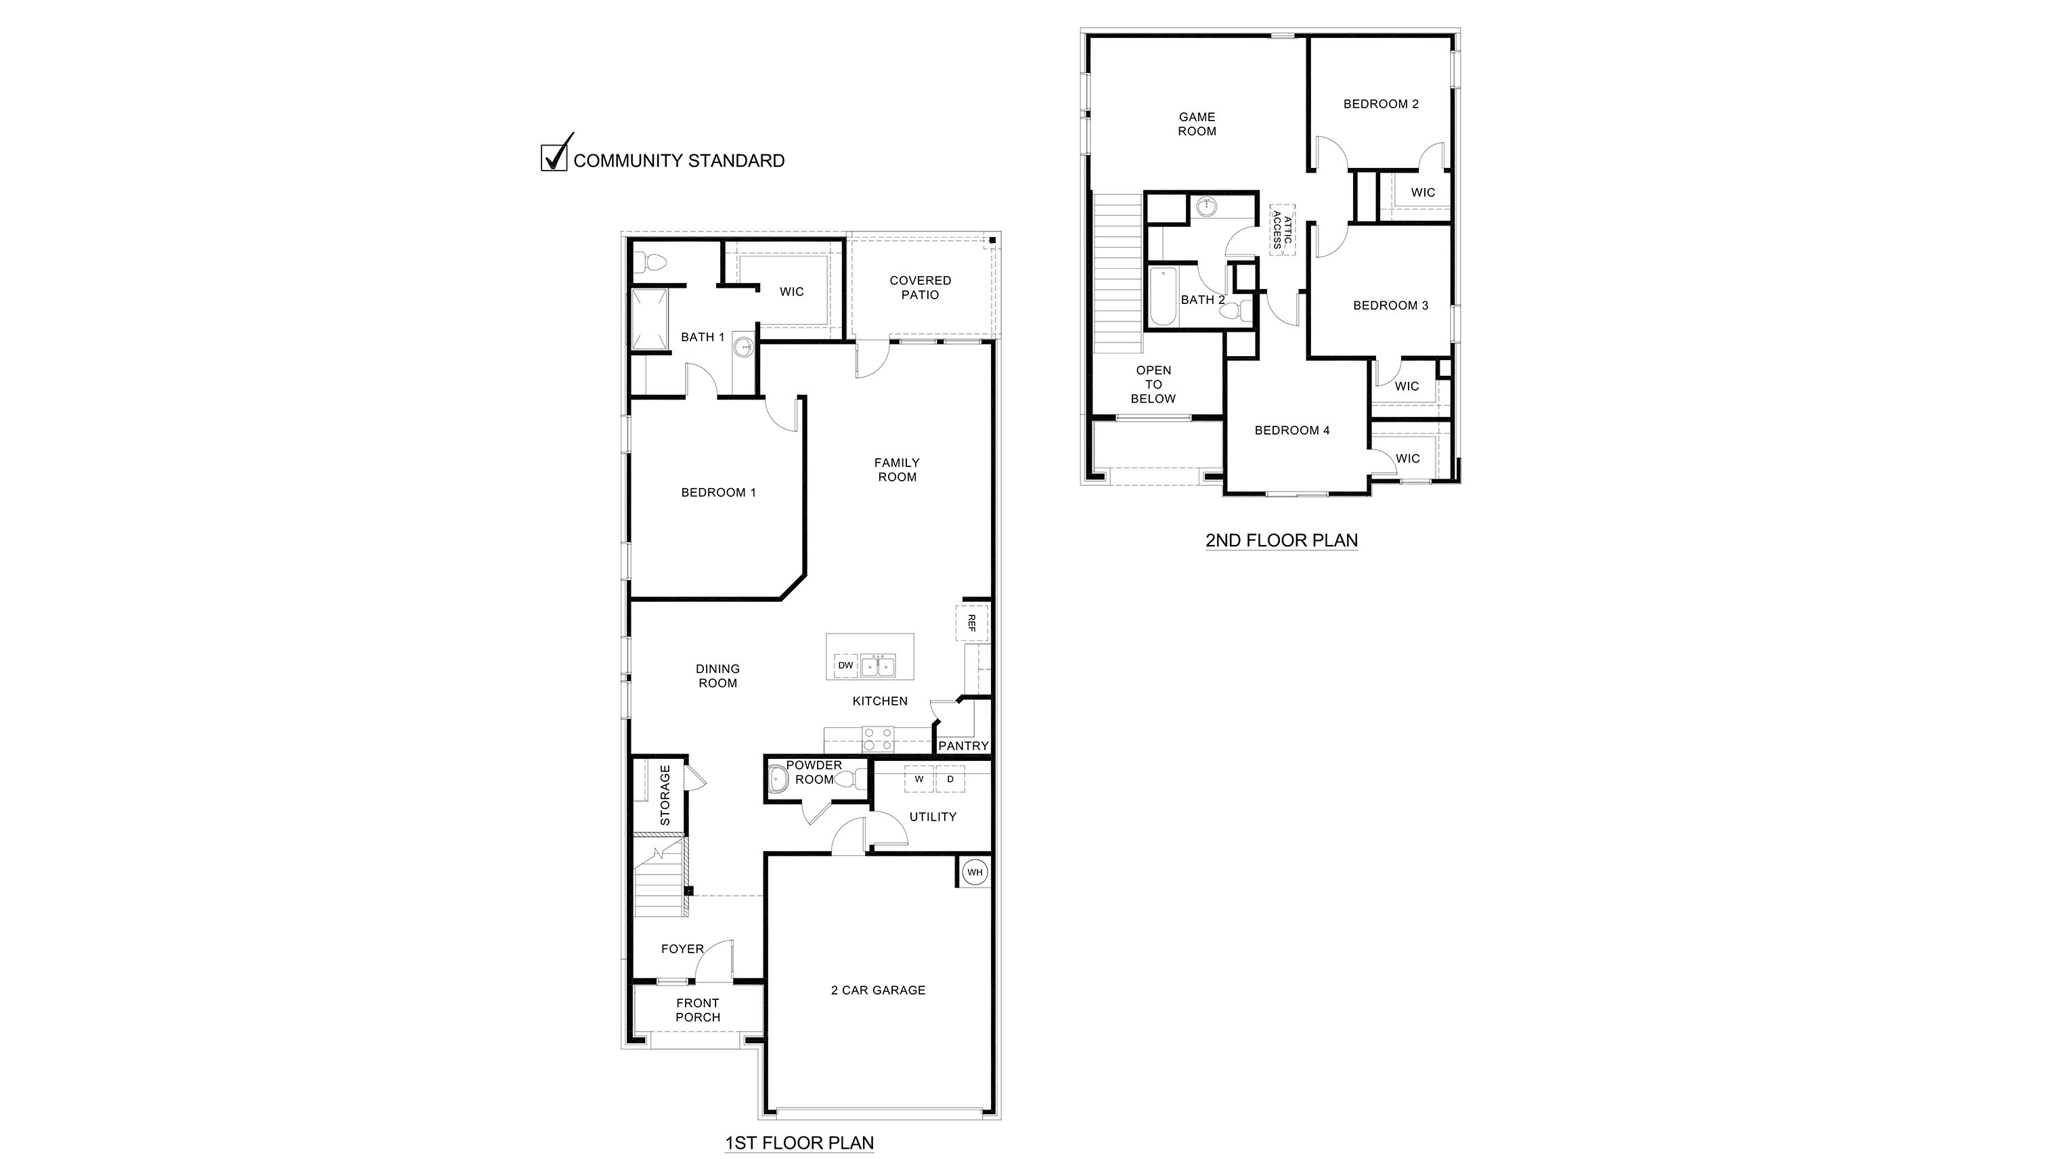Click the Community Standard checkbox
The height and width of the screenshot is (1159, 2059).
(x=553, y=158)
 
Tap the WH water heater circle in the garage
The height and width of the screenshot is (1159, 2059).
(x=975, y=872)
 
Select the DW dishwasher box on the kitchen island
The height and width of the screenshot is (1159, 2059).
(x=845, y=665)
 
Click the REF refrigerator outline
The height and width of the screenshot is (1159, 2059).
(x=971, y=624)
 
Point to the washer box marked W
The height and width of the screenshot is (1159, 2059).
(x=919, y=779)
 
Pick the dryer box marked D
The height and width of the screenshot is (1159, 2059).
(x=950, y=779)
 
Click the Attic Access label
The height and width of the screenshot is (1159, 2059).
(x=1282, y=229)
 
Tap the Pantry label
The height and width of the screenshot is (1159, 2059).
(x=963, y=746)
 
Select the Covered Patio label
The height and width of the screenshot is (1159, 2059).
(x=920, y=288)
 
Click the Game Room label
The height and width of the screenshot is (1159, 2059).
(x=1197, y=124)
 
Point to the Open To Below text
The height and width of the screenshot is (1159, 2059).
(x=1153, y=385)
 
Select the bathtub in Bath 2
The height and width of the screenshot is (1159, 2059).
(x=1163, y=297)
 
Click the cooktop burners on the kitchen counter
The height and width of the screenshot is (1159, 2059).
(x=878, y=739)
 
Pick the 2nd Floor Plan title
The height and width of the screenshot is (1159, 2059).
(x=1281, y=540)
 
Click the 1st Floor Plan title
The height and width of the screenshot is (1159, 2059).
(x=799, y=1143)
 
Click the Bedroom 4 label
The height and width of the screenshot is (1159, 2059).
(x=1291, y=431)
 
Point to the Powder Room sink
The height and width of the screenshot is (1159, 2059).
(x=777, y=779)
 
